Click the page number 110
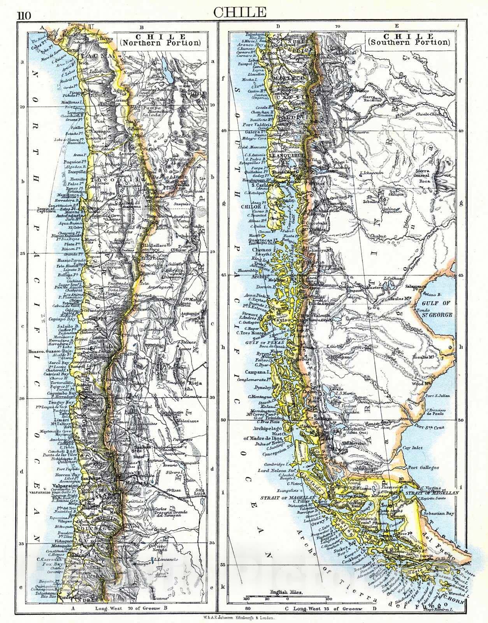tap(24, 16)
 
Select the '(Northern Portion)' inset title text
tap(160, 43)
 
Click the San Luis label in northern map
tap(200, 492)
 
